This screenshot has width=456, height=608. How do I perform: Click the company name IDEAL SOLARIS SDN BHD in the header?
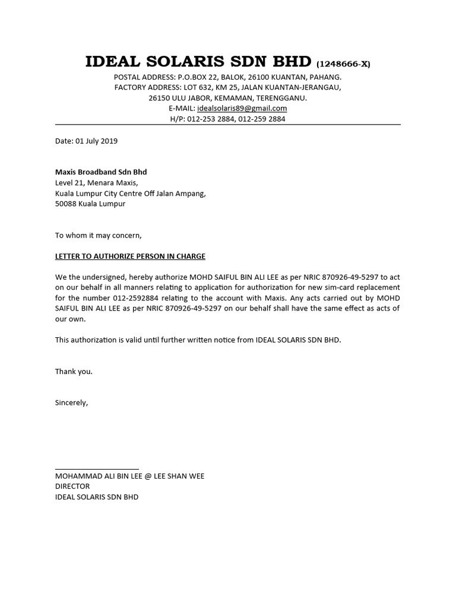198,62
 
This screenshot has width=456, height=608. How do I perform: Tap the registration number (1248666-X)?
343,64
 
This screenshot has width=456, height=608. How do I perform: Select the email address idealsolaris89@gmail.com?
242,109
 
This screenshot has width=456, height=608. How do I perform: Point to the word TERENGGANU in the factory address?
282,98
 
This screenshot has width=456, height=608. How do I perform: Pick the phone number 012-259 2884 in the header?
261,119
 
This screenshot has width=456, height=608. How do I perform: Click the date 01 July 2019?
96,141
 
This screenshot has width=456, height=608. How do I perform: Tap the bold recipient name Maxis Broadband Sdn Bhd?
101,172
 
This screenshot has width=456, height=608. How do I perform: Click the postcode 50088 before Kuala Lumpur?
65,204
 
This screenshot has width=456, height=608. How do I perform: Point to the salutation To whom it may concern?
99,235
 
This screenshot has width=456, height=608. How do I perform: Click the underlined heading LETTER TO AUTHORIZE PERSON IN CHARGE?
130,256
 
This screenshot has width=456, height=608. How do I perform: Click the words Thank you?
74,372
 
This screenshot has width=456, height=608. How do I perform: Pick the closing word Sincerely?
71,403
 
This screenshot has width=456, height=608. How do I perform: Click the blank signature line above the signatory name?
97,469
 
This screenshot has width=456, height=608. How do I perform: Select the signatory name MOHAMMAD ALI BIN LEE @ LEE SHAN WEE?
129,476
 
